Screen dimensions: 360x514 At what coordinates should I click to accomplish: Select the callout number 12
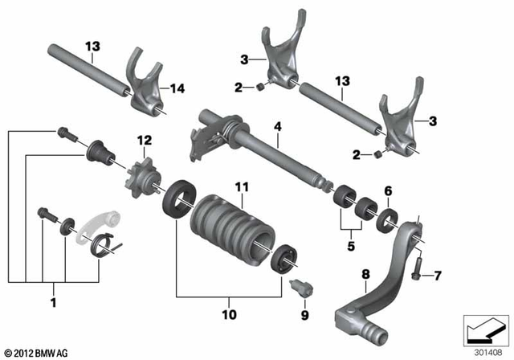[x=144, y=141]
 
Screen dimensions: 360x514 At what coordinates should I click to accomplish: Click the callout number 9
[x=305, y=316]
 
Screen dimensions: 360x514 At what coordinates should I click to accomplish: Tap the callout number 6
[x=387, y=191]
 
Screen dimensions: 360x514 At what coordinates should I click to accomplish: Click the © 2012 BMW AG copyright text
[x=37, y=352]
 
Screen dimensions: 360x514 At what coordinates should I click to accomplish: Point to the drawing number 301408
[x=485, y=350]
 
